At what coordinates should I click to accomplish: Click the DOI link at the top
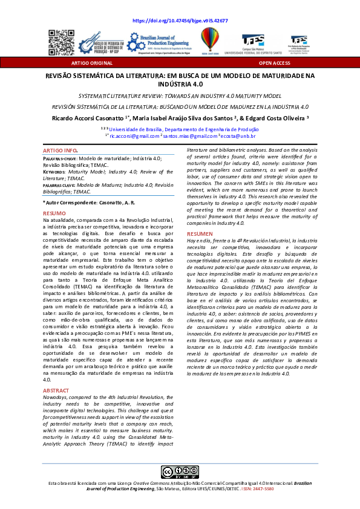point(180,21)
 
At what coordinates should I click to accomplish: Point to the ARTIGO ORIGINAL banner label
point(83,62)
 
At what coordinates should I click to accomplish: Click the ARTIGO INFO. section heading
point(61,149)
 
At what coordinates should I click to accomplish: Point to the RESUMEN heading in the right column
point(200,233)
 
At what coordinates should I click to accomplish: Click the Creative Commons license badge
point(179,472)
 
